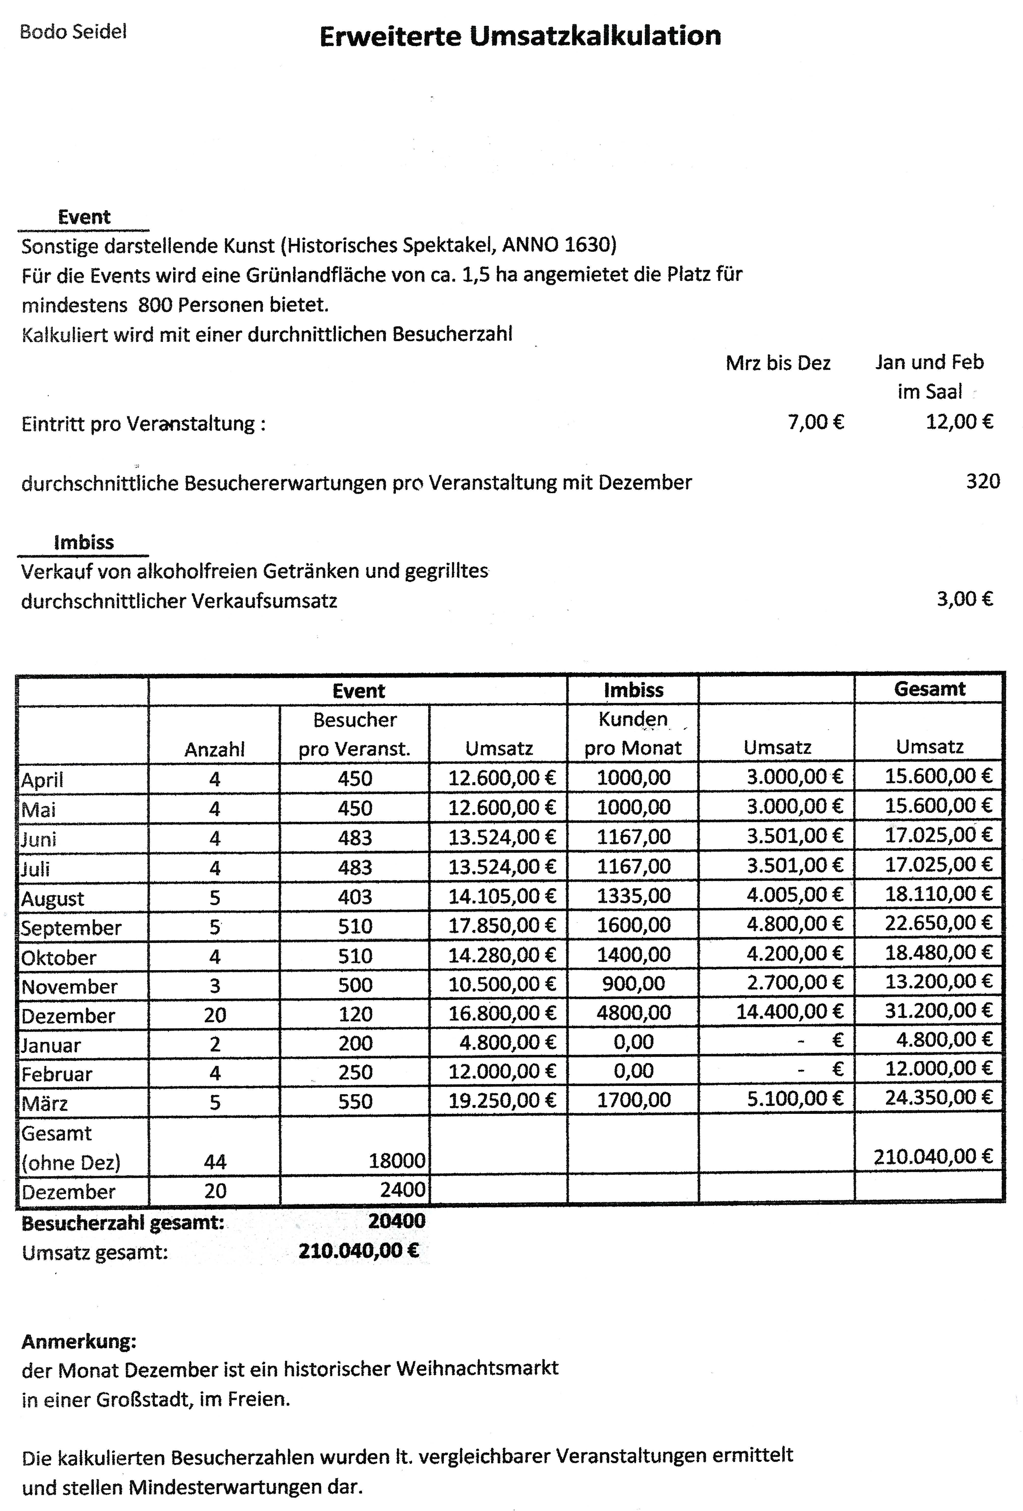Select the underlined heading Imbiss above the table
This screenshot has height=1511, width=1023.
click(x=84, y=542)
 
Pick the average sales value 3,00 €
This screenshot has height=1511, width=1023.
click(x=965, y=599)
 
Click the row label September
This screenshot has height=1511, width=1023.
click(x=71, y=928)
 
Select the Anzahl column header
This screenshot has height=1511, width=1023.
click(x=214, y=750)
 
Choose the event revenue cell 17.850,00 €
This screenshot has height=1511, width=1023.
click(x=502, y=924)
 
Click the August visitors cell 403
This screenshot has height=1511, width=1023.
click(x=355, y=897)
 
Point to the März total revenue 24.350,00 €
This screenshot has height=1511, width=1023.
click(x=939, y=1097)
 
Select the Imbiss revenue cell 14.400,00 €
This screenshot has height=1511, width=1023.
click(x=789, y=1012)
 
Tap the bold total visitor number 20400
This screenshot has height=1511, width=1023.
click(x=397, y=1221)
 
